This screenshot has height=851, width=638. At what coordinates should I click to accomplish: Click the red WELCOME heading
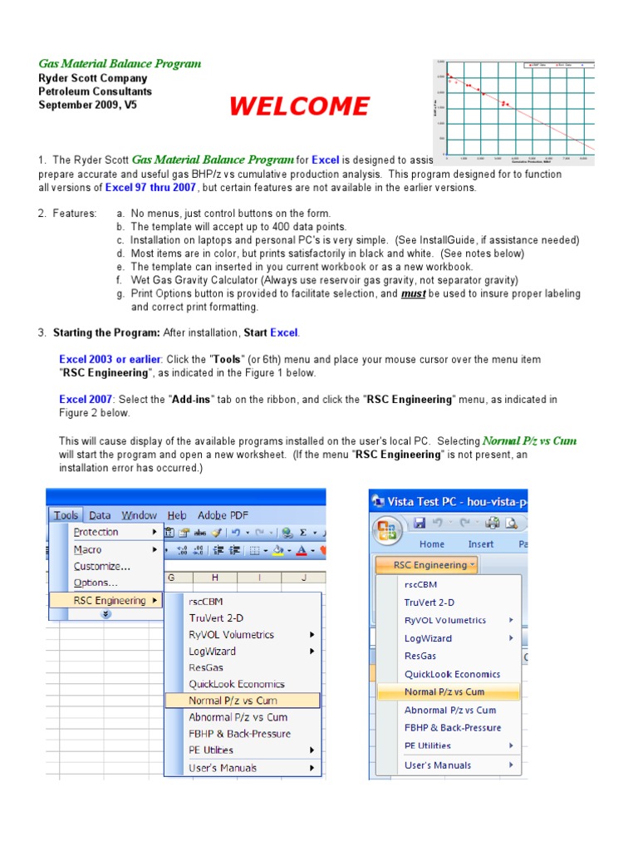click(299, 106)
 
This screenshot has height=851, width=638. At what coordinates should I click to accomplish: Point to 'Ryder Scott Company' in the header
click(93, 78)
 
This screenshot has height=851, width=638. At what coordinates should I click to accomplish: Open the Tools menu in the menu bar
click(66, 515)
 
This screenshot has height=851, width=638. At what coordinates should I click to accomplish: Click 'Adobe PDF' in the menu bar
click(223, 515)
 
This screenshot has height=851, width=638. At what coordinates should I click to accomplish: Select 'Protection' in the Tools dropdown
click(96, 532)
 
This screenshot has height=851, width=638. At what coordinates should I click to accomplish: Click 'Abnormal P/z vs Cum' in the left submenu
click(238, 717)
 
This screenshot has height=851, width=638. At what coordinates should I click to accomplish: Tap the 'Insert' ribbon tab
click(481, 544)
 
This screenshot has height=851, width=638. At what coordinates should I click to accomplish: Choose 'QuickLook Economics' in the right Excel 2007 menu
click(453, 674)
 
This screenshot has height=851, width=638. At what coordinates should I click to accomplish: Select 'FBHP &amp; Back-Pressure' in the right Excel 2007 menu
click(453, 728)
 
